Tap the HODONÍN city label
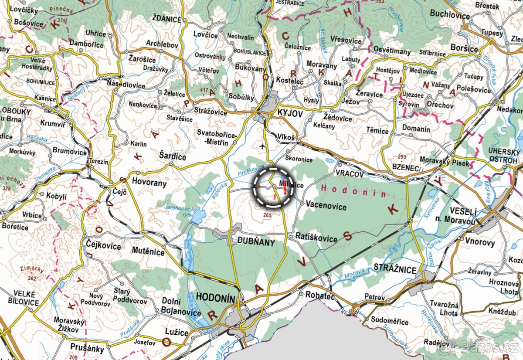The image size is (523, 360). [216, 297]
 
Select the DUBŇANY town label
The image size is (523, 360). [256, 242]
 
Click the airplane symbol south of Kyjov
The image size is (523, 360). [262, 146]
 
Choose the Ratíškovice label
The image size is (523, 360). [316, 238]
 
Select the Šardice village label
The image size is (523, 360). [172, 156]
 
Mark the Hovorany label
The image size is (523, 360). [149, 183]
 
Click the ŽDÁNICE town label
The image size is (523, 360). [167, 19]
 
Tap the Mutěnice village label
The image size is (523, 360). [148, 251]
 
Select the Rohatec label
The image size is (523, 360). [319, 295]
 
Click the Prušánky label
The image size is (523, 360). [87, 348]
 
